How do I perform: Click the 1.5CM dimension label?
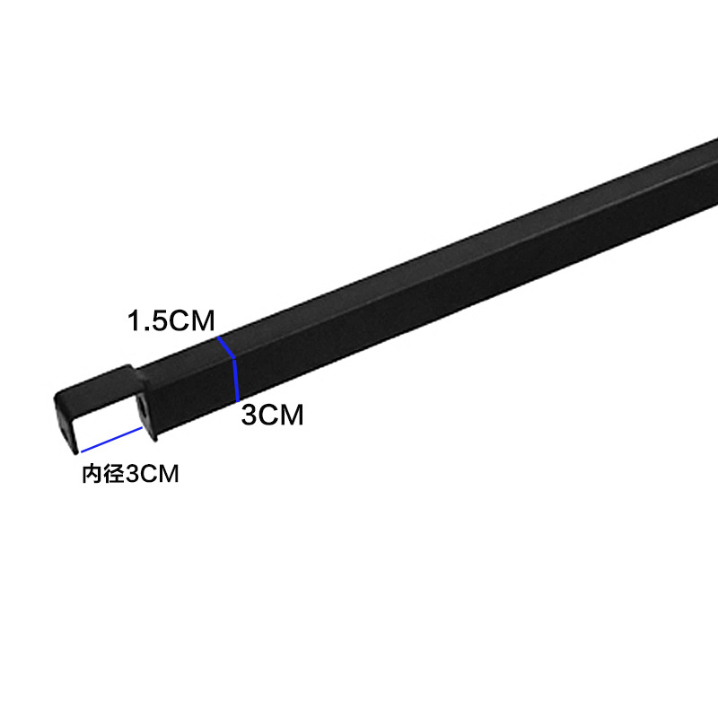[171, 321]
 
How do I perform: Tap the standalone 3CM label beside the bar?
[273, 416]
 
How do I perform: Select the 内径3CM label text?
[131, 474]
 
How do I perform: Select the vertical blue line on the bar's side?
[235, 378]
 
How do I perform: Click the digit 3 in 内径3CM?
[132, 475]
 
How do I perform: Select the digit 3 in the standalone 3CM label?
[250, 416]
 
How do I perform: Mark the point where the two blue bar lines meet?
[233, 357]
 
